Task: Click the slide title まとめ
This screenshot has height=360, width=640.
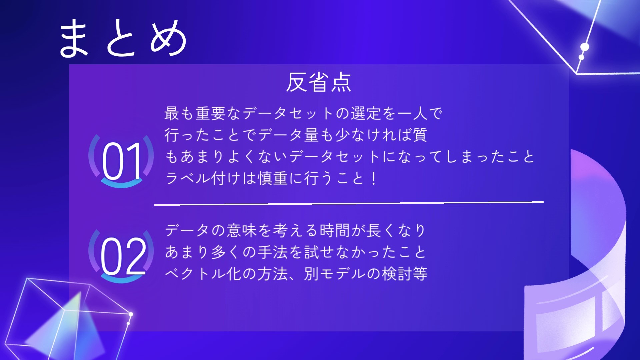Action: point(123,37)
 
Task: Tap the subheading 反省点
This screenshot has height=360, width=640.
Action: point(319,82)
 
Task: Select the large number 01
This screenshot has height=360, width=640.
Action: point(122,161)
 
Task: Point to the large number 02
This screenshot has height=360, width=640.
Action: point(123,256)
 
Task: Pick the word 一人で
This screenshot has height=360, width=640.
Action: point(420,113)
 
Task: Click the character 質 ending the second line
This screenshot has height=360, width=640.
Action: point(420,135)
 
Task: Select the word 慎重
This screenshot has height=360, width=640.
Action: point(273,178)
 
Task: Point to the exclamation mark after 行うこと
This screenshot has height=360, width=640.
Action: point(374,178)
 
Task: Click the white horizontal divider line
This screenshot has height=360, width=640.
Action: point(349,203)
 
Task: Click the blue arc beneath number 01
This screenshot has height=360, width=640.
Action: point(122,183)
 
